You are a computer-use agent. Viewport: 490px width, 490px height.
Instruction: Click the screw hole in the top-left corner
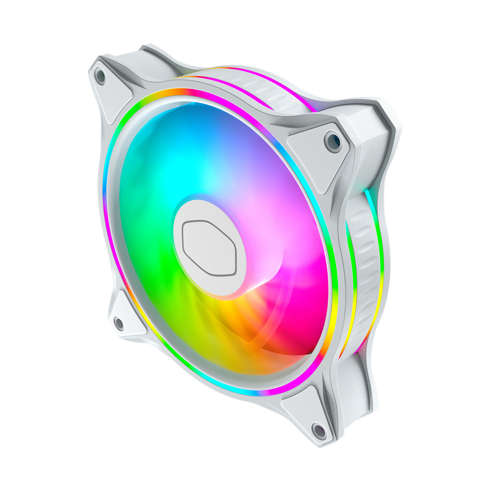100,75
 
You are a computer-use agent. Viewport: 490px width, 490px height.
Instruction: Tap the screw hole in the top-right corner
334,141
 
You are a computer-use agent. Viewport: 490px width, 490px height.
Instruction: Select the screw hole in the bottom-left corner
119,323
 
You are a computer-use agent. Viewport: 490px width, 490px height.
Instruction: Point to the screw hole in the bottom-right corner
319,431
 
